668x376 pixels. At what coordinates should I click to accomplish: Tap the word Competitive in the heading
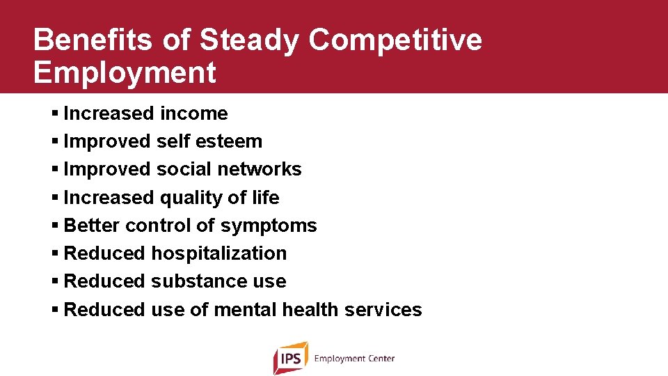click(x=395, y=41)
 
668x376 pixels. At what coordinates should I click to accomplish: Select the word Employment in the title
click(x=125, y=72)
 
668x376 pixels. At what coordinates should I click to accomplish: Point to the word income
click(x=194, y=113)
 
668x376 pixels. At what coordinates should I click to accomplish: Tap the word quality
click(x=186, y=198)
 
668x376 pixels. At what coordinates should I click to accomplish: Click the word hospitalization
click(x=219, y=253)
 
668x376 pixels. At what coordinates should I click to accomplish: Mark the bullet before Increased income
click(x=55, y=113)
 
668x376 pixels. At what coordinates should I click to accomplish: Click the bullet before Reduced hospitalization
click(x=55, y=253)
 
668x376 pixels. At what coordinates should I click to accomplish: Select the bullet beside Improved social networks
click(x=55, y=169)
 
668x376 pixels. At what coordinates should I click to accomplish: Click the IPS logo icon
click(x=290, y=358)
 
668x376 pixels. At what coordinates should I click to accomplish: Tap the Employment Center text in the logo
click(x=354, y=359)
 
